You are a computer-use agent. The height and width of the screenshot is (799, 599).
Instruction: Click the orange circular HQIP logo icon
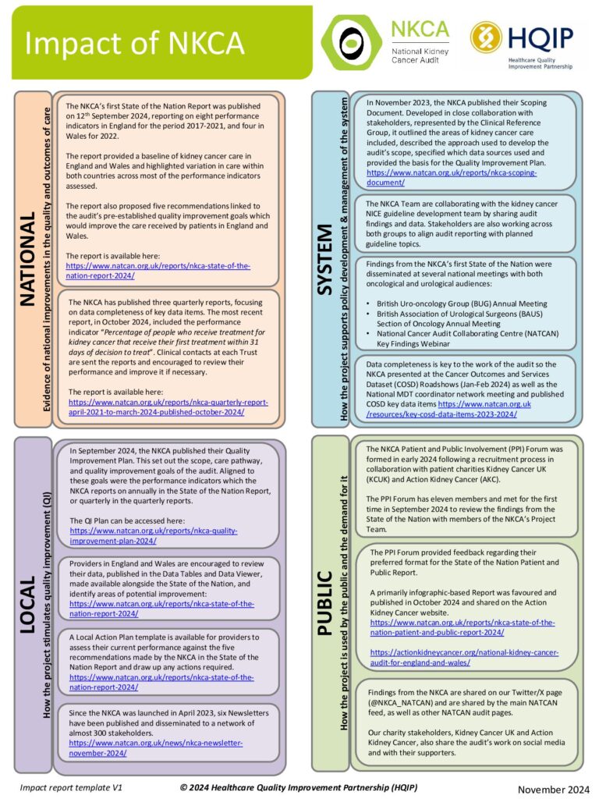(x=486, y=39)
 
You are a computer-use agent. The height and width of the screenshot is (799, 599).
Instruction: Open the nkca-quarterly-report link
(x=168, y=407)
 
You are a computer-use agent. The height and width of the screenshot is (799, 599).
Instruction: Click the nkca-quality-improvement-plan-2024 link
(x=153, y=535)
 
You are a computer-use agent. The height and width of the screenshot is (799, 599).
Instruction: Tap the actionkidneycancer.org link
(x=464, y=657)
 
